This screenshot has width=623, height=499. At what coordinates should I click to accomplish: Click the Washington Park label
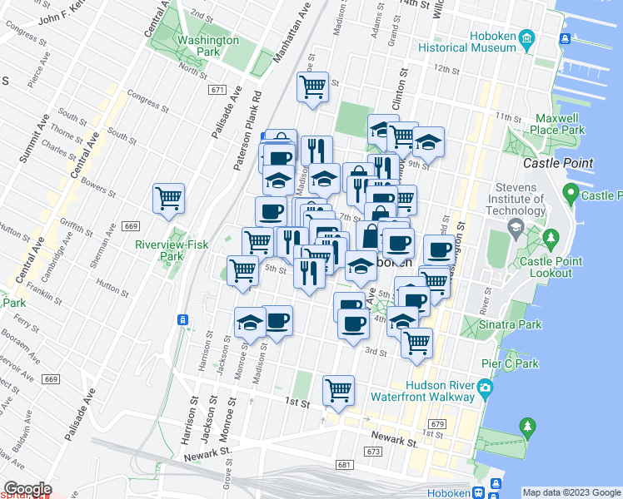[207, 46]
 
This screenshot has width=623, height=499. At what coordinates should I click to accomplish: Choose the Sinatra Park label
[511, 324]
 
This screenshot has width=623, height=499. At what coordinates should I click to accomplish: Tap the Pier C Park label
[515, 363]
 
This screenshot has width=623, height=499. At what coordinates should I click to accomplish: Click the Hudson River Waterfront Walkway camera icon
[484, 385]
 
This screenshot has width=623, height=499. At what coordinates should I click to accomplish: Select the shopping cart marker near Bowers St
[169, 198]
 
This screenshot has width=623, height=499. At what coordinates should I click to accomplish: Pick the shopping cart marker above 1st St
[338, 389]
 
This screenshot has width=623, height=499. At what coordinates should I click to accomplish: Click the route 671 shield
[218, 90]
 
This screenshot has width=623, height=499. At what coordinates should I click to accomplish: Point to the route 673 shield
[372, 451]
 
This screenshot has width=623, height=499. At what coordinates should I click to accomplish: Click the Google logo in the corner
[27, 489]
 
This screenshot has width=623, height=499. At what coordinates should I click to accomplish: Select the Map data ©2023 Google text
[571, 492]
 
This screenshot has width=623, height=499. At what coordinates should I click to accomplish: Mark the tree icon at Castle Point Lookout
[551, 240]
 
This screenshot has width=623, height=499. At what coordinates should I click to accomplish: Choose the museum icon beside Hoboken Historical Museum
[526, 37]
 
